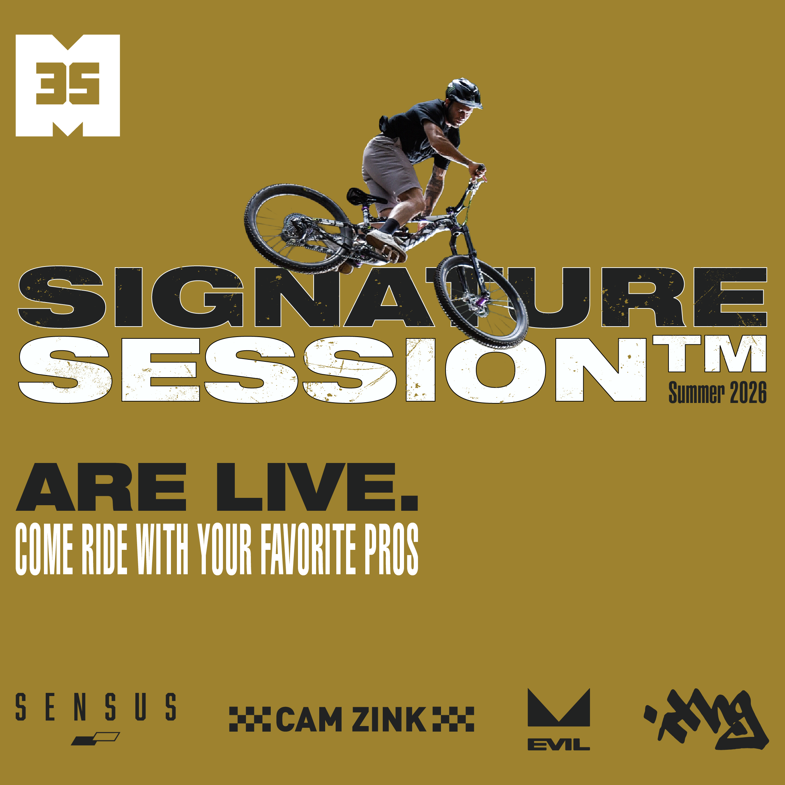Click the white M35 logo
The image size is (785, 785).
pos(67,85)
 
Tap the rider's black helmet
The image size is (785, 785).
pos(463,92)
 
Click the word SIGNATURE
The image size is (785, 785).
pos(390,297)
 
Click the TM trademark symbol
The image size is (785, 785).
pos(709,353)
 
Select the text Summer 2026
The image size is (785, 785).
pos(717,393)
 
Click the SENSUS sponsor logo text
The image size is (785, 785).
pos(96,707)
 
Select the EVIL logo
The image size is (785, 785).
pos(558,719)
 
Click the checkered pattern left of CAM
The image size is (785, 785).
pos(250,719)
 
